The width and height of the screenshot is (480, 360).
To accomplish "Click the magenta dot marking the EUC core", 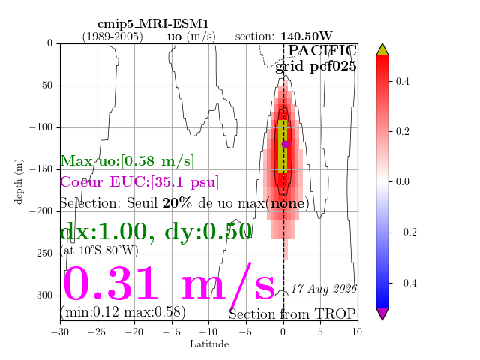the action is point(285,144).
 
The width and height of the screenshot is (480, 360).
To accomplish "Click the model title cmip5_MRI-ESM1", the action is point(153,24).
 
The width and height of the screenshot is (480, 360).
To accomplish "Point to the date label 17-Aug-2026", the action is point(323,289).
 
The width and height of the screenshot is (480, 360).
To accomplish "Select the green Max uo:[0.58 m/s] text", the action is point(127,161).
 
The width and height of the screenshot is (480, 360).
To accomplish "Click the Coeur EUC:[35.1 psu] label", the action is point(139,182).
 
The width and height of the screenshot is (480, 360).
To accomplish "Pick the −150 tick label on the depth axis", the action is point(41,169).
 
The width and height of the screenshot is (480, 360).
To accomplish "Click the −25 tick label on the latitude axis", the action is point(97,331).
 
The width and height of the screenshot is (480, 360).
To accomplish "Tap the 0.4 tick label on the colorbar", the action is point(402,82).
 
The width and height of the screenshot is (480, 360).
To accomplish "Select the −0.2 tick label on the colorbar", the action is point(406,232).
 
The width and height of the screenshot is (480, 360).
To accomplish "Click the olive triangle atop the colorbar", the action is point(382,50).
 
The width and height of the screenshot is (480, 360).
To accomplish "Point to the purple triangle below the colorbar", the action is point(382,313).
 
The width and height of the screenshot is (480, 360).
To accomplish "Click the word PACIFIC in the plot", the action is point(322,51).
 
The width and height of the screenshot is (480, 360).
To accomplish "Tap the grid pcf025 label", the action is point(316,67).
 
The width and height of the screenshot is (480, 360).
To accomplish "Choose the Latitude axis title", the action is point(209,344).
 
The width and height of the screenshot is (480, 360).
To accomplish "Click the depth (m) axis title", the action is point(18,181).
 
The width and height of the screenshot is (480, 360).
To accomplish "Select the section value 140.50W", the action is point(307,37).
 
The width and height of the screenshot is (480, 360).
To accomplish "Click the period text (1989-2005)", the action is point(112,37).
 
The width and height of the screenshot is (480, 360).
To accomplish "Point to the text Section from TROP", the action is point(292,314).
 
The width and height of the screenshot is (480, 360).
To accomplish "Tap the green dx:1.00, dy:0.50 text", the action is point(156,232).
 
